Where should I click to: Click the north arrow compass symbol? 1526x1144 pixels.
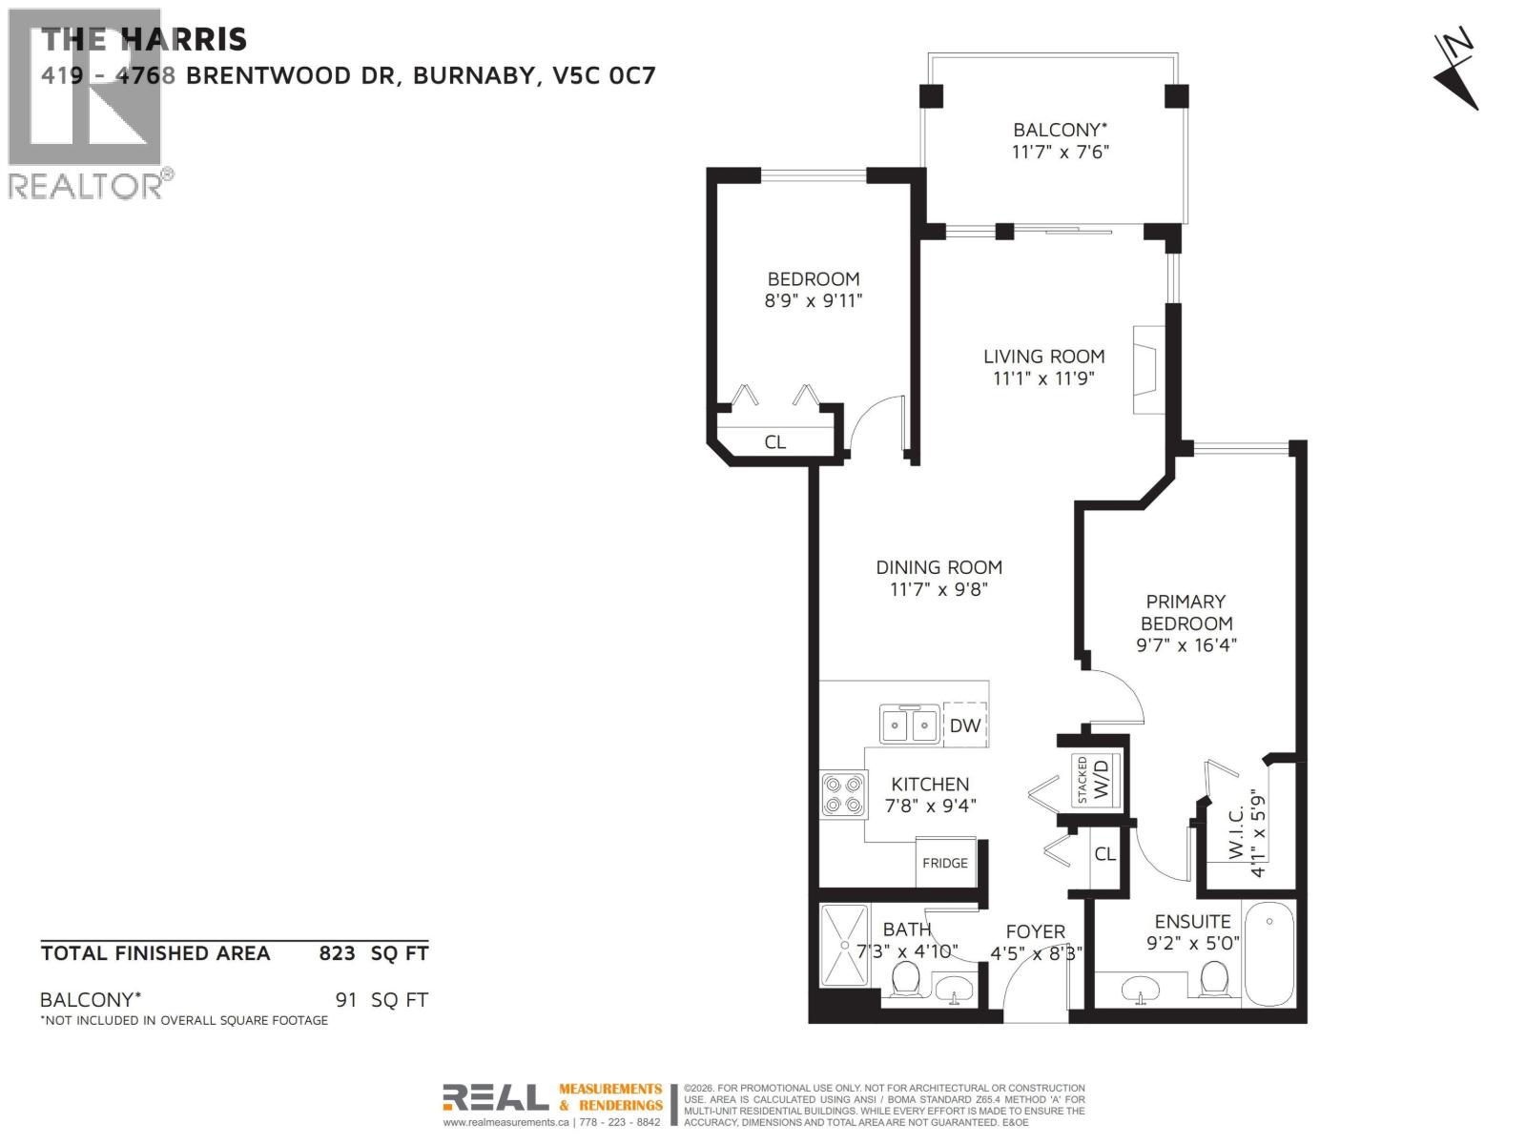(x=1455, y=72)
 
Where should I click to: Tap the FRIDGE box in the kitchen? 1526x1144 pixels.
(x=945, y=863)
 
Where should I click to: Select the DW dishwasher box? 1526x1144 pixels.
(x=964, y=725)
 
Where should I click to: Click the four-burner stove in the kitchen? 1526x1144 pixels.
(x=844, y=795)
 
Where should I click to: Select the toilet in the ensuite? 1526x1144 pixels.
(x=1214, y=979)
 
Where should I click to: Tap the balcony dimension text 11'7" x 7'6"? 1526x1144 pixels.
(x=1061, y=152)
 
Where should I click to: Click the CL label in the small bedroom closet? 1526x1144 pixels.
(x=775, y=442)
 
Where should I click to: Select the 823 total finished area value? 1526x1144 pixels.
(x=337, y=952)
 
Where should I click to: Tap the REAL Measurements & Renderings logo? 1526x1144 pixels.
(x=553, y=1098)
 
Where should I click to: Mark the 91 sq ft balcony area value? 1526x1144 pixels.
(x=347, y=1000)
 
